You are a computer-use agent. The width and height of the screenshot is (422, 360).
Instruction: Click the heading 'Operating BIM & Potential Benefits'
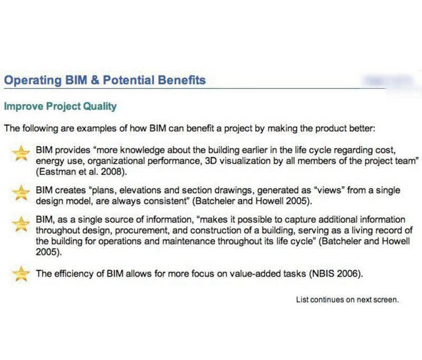(105, 81)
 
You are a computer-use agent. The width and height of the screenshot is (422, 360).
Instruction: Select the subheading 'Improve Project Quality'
(60, 106)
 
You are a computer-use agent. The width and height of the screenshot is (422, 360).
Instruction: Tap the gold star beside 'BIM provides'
(21, 153)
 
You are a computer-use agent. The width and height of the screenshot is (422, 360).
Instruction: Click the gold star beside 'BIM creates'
(21, 193)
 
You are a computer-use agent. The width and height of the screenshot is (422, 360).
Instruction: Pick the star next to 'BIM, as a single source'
(21, 224)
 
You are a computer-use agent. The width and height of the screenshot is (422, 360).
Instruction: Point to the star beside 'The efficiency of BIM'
(21, 273)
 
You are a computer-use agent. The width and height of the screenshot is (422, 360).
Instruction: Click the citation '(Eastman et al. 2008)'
(81, 172)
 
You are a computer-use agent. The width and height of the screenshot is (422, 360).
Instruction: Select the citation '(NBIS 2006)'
(336, 274)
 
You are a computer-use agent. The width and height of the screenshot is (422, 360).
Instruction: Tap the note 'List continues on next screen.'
(348, 300)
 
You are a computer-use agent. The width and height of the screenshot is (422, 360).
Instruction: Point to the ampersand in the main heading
(95, 80)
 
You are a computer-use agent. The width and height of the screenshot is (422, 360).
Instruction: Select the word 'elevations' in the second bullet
(140, 191)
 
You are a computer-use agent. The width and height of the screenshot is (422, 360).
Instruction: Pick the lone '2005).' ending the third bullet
(49, 252)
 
